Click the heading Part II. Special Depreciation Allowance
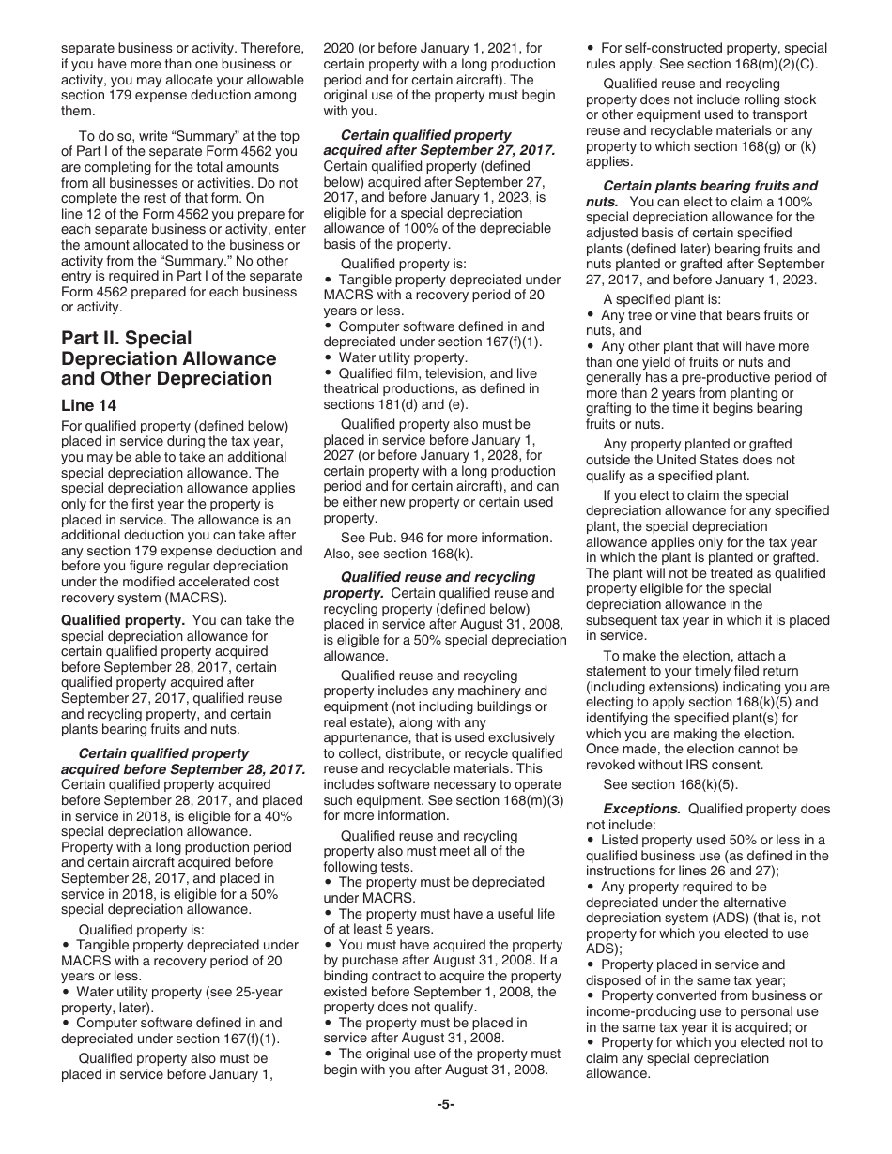169,358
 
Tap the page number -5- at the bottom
446,1104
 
